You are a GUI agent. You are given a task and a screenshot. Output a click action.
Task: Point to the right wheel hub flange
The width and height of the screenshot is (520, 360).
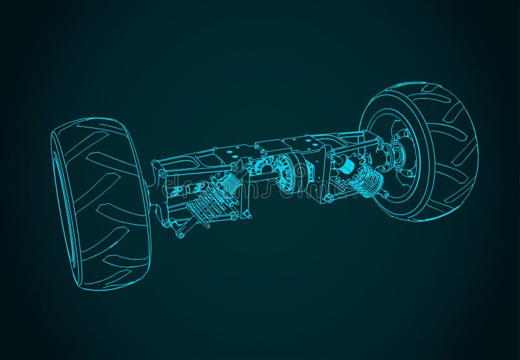point(394,156)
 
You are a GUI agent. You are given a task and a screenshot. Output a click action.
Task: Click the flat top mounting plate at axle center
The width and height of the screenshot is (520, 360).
point(273,146)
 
